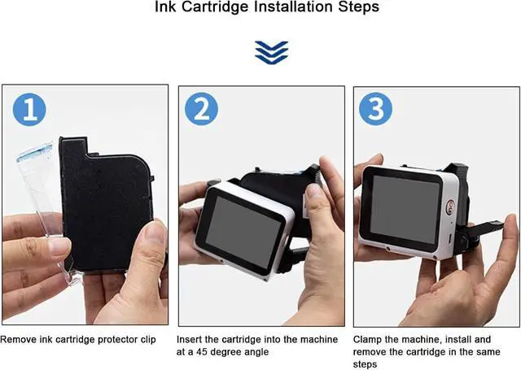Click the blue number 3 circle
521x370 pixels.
pos(376,109)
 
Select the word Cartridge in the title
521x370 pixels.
pos(206,7)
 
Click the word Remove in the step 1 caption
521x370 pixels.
pos(17,337)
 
